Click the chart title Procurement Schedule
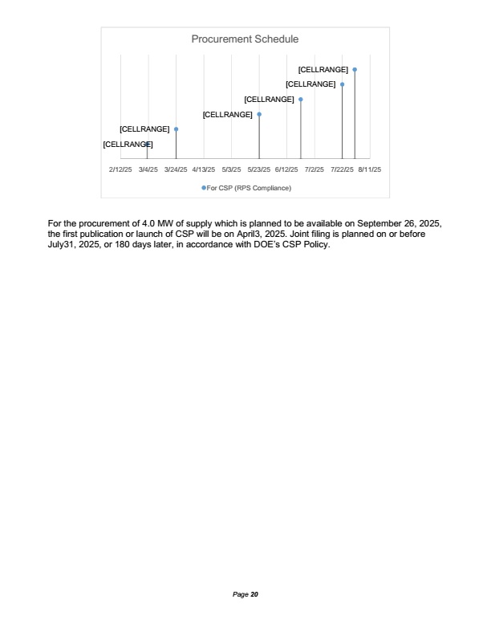coord(245,39)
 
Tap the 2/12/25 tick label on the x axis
coord(120,170)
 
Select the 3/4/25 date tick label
coord(148,170)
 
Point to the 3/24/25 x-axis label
coord(176,170)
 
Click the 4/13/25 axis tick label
coord(204,170)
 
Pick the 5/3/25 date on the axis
coord(231,170)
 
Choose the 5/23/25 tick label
coord(259,170)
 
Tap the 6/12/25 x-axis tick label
coord(286,170)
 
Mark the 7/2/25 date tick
coord(314,170)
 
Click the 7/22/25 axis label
coord(343,170)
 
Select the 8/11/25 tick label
coord(370,170)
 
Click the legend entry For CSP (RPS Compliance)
coord(249,188)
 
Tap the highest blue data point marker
coord(355,70)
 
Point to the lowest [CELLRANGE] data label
coord(128,145)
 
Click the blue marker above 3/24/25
coord(176,128)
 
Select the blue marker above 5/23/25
coord(259,114)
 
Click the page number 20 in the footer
coord(254,594)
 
